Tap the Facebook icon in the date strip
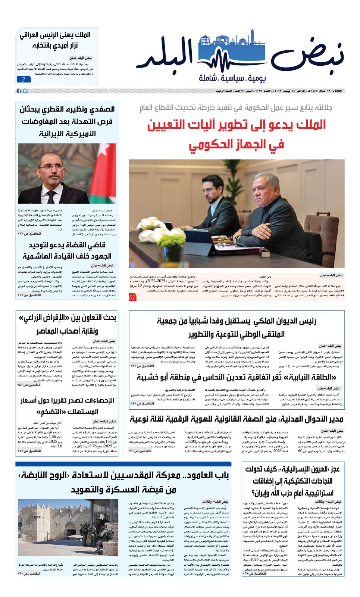(19, 91)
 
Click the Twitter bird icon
(25, 91)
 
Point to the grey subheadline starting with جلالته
(236, 108)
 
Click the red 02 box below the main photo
(132, 297)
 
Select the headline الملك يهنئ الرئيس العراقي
(55, 40)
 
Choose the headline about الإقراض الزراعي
(67, 324)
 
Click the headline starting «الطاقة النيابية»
(237, 377)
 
